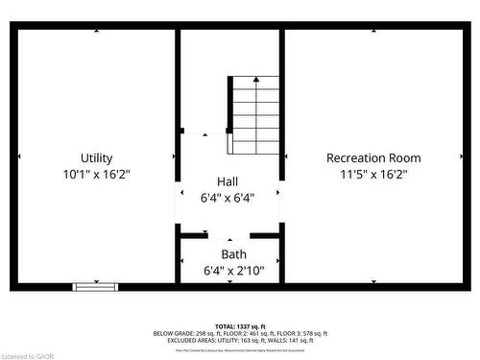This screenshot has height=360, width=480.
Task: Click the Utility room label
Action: click(x=96, y=158)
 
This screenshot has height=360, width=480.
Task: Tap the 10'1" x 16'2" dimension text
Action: click(x=96, y=175)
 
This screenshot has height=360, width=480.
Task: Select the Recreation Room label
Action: click(x=373, y=158)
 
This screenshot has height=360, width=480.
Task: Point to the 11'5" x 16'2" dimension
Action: click(x=373, y=175)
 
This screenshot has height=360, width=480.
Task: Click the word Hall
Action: click(x=228, y=181)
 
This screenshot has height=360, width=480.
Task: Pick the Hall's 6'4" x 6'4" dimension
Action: click(x=228, y=199)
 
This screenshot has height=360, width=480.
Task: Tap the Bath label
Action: click(x=233, y=254)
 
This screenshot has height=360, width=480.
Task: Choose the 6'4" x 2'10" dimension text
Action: click(x=233, y=272)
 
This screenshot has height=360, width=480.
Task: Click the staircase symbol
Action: click(x=254, y=115)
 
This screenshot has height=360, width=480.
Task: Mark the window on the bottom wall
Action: click(x=96, y=286)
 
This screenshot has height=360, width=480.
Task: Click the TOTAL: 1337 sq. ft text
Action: click(x=240, y=326)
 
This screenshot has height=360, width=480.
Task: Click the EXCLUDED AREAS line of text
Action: click(x=240, y=340)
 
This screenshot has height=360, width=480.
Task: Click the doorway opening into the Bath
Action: click(x=229, y=235)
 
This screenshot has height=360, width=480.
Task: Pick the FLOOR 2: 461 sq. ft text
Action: click(x=246, y=333)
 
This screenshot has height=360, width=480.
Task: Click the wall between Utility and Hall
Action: click(x=178, y=96)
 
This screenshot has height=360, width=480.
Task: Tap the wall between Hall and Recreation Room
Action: click(x=282, y=96)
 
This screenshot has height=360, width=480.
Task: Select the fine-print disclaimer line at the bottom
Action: click(x=240, y=349)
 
